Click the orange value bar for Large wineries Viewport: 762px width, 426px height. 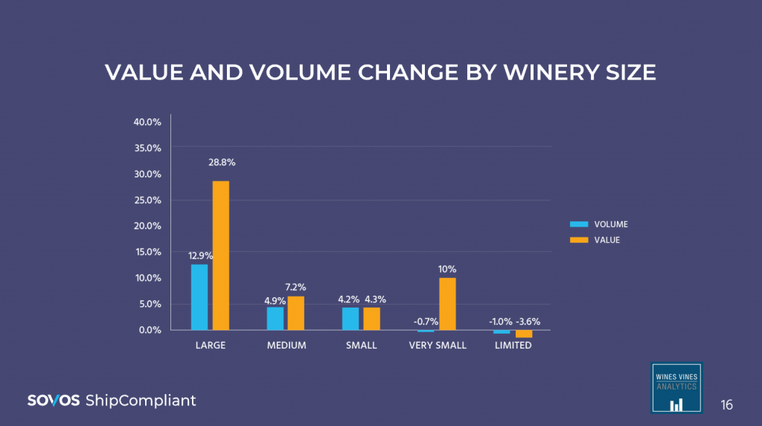coord(221,255)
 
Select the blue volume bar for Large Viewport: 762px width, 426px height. coord(199,296)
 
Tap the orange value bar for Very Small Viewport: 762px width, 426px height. coord(447,304)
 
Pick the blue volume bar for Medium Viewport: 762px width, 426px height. coord(275,318)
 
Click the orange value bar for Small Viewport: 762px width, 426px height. coord(371,318)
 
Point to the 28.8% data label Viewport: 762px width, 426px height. coord(221,162)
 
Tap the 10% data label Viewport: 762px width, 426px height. coord(447,269)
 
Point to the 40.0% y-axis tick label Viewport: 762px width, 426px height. coord(147,121)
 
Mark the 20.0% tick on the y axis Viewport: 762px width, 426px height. coord(147,226)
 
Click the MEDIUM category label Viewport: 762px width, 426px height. coord(286,346)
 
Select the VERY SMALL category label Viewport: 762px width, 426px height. coord(438,346)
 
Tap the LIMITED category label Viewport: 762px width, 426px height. coord(513,346)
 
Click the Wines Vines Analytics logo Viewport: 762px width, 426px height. coord(676,387)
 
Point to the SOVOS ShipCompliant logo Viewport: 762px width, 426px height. coord(112,401)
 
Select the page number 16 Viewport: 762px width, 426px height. coord(726,405)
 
